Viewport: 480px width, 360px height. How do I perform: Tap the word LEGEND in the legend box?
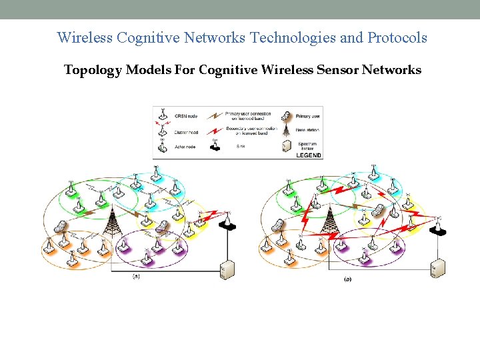coord(308,155)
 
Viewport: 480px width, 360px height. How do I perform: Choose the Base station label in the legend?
coord(307,130)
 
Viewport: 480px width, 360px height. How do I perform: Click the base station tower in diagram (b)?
coord(328,221)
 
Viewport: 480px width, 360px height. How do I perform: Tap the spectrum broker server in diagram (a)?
coord(227,269)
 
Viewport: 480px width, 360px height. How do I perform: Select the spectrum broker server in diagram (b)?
coord(437,268)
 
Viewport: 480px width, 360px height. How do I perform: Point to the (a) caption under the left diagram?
coord(136,275)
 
